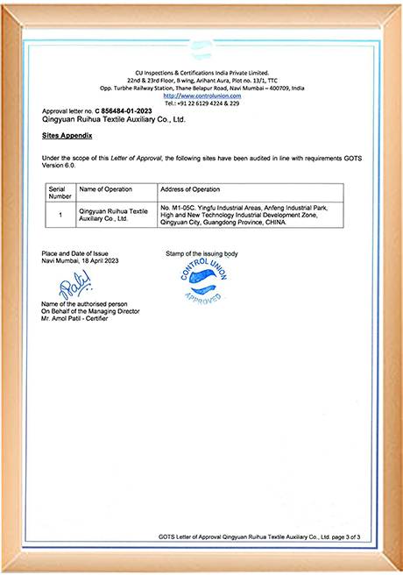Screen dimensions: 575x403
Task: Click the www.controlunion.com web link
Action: [201, 96]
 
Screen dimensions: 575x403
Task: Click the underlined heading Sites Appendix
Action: [67, 138]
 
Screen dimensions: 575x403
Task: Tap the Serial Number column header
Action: [60, 193]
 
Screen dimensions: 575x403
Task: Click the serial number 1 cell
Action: [60, 215]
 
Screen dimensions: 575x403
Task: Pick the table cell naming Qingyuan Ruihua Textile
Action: [114, 215]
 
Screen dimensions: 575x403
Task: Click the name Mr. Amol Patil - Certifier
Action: [84, 317]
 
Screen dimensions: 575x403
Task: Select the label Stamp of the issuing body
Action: [201, 253]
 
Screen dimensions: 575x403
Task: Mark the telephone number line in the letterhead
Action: [201, 103]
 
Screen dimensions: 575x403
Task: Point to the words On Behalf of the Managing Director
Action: [90, 310]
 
